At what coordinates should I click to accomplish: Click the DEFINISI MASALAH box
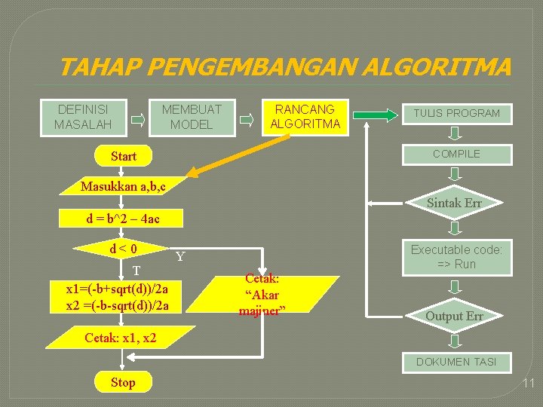(x=83, y=117)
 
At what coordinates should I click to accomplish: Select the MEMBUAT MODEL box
(x=192, y=117)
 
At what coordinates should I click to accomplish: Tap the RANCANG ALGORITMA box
(x=305, y=116)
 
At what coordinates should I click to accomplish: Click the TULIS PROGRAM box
(x=456, y=113)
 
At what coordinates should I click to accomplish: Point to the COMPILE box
(x=456, y=154)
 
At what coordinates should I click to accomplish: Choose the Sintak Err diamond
(x=454, y=203)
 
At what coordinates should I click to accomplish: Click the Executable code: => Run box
(x=456, y=256)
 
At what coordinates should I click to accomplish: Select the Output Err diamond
(x=454, y=316)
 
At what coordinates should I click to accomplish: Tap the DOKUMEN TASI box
(x=456, y=363)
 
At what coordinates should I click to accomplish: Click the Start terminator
(x=124, y=156)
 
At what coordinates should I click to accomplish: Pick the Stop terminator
(x=123, y=382)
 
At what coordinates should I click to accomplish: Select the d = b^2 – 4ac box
(x=122, y=219)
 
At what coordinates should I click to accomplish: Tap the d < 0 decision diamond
(x=122, y=248)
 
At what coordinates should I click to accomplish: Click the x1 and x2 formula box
(x=118, y=297)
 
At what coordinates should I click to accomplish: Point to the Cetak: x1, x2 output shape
(x=121, y=338)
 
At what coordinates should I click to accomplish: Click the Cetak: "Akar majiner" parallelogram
(x=262, y=295)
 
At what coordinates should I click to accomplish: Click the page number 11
(x=528, y=384)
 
